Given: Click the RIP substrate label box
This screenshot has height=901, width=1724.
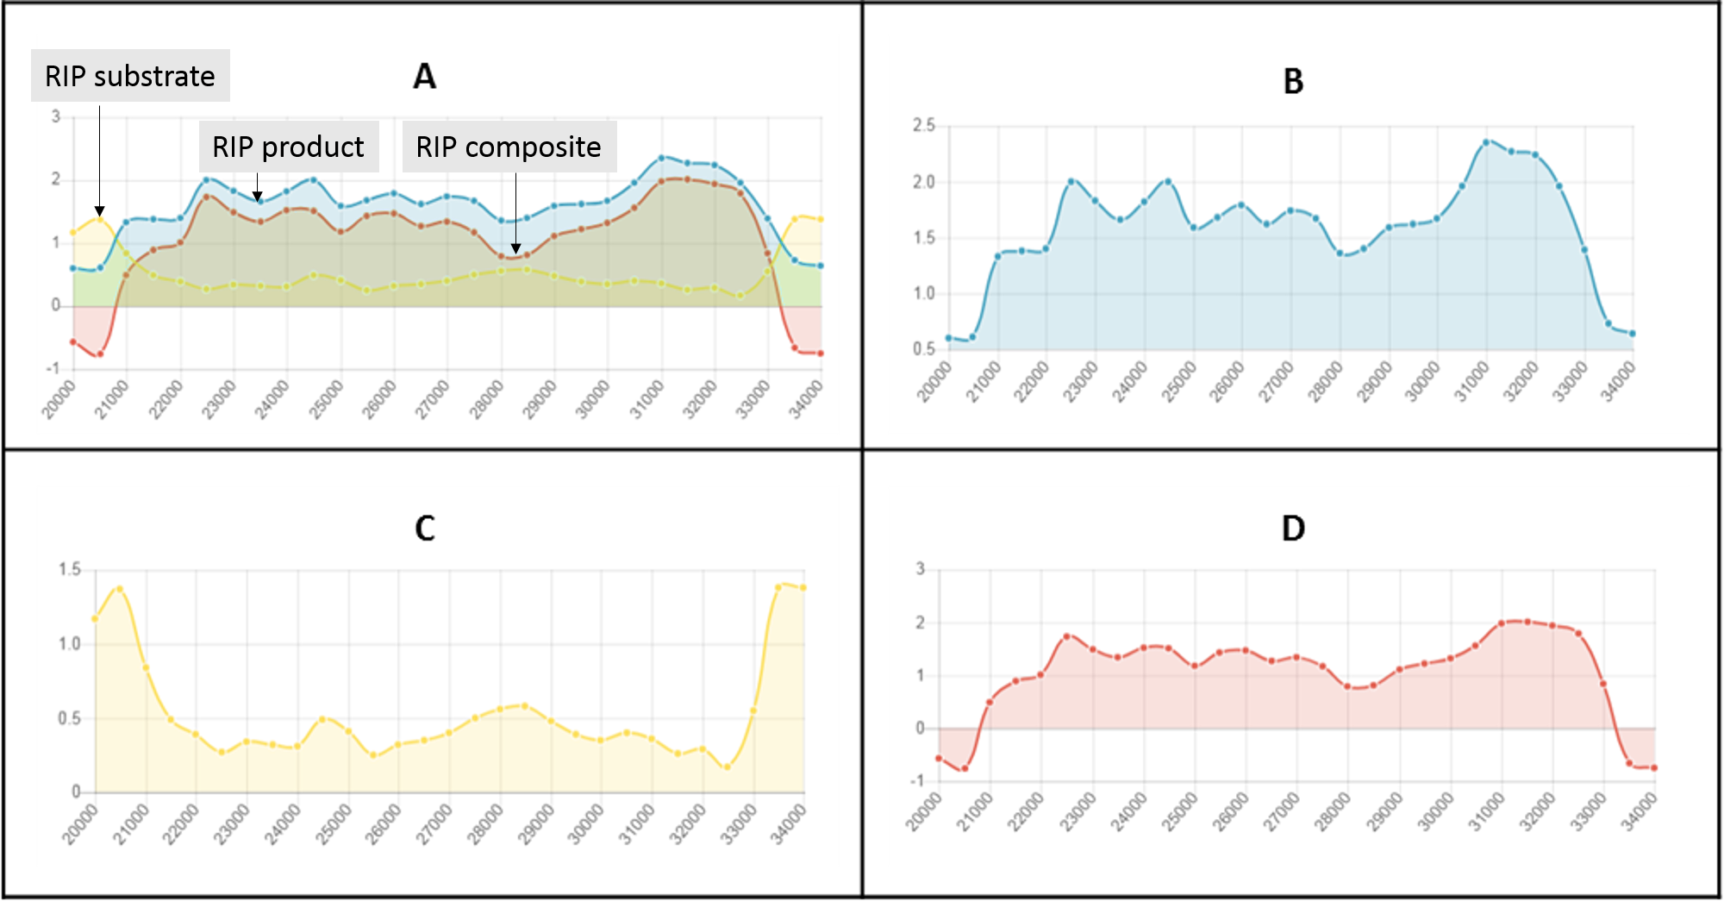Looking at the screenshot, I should [130, 76].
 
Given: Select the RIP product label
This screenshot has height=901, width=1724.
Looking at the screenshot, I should [288, 147].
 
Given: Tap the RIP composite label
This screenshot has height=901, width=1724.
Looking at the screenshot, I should [509, 147].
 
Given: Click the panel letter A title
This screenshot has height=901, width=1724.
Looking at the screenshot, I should [424, 77].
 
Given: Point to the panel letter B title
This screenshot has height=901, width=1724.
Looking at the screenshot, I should [1293, 82].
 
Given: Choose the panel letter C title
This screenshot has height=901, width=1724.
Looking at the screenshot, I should [424, 529].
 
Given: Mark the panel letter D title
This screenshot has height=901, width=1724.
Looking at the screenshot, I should [1293, 529].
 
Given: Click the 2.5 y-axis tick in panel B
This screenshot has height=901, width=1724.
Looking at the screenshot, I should [924, 126].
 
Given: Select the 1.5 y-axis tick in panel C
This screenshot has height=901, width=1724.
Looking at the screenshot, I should [70, 569].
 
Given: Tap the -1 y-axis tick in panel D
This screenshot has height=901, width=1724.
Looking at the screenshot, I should [919, 781].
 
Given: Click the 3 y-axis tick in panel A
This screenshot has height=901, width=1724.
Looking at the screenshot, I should [56, 116].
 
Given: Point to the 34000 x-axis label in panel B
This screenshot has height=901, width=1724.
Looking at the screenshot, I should [1619, 382].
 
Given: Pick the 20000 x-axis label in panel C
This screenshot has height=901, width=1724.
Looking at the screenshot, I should [81, 824].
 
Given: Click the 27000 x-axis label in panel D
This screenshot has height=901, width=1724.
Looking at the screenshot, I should [1280, 812].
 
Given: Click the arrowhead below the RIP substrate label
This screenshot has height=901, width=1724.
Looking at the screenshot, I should [99, 211].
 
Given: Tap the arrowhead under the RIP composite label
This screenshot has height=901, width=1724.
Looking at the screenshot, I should [515, 249].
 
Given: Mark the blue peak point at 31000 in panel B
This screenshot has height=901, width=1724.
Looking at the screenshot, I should [1486, 142].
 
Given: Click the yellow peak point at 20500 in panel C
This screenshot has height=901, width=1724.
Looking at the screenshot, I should [119, 589].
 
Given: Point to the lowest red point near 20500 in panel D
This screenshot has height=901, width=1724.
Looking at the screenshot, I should [965, 768].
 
